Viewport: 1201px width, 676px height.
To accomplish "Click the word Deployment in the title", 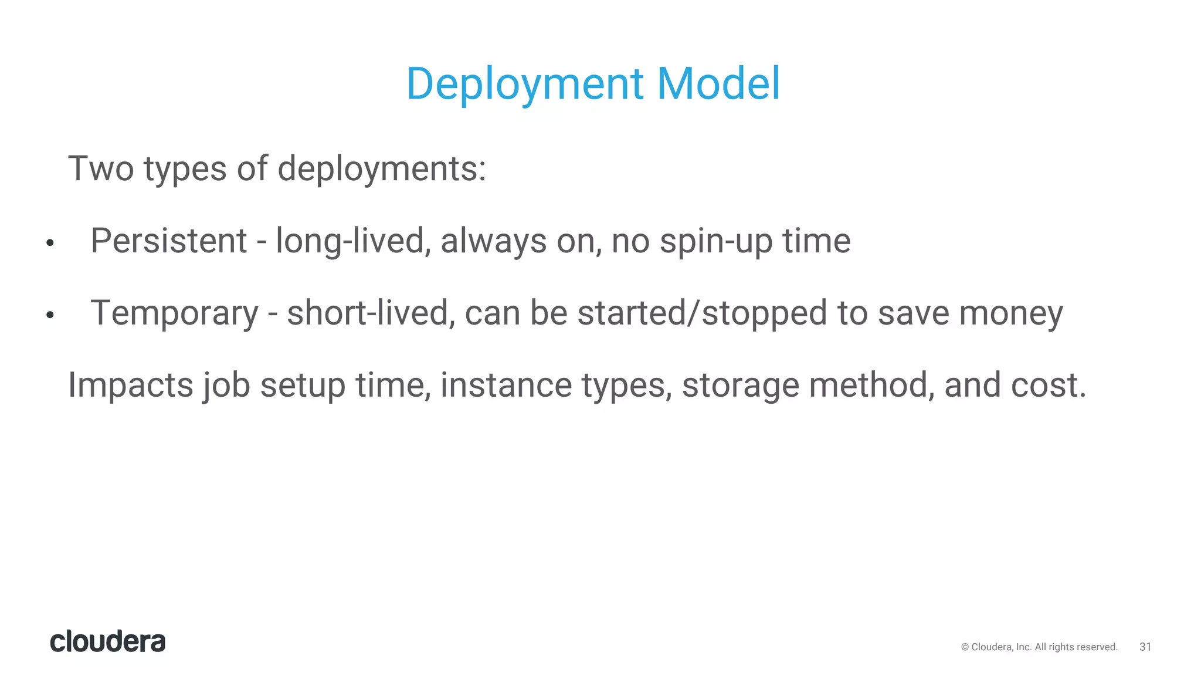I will point(525,84).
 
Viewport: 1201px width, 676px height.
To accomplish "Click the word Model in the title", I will point(718,83).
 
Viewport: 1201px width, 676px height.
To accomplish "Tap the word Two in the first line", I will point(101,169).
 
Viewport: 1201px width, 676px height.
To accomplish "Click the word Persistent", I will point(169,241).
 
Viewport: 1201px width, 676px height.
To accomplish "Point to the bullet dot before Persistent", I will point(50,243).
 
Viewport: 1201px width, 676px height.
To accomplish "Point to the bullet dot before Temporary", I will point(50,315).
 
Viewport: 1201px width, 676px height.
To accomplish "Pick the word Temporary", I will point(174,314).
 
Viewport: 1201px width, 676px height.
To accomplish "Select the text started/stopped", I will point(702,313).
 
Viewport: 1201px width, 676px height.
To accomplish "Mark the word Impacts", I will point(131,386).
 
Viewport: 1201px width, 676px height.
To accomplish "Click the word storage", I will point(741,386).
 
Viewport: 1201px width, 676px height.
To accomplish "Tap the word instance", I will point(506,386).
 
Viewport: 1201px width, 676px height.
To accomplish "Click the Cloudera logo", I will point(108,641).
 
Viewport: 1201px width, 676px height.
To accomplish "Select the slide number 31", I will point(1145,647).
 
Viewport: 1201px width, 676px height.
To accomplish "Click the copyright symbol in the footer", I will point(965,647).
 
